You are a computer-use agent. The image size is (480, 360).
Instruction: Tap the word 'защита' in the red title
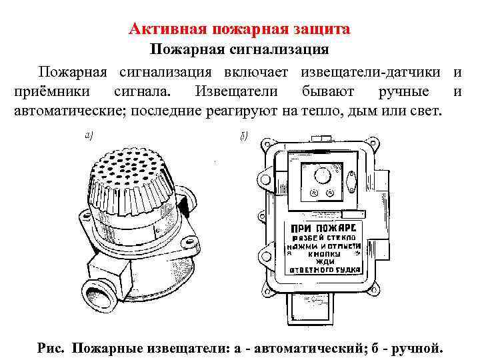321,30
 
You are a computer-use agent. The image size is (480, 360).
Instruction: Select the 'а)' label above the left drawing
89,135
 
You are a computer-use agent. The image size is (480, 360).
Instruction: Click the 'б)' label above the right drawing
243,137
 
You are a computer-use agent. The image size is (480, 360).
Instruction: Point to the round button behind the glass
322,175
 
